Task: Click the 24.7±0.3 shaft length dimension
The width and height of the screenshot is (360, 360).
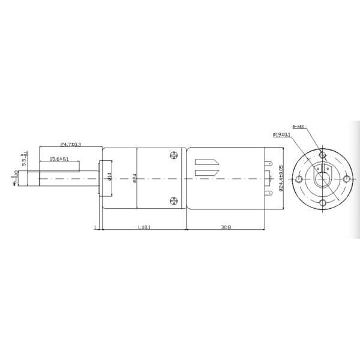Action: tap(71, 145)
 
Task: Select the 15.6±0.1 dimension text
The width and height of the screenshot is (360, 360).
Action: tap(58, 159)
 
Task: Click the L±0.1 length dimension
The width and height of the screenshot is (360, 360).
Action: tap(145, 227)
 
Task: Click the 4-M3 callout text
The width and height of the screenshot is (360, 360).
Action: tap(298, 127)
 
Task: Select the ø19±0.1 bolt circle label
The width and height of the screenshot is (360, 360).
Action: tap(281, 135)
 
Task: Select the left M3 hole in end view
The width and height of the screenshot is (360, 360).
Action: tap(298, 179)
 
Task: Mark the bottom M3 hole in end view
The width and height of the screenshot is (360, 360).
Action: tap(322, 204)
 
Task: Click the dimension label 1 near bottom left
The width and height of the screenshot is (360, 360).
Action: tap(95, 227)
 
